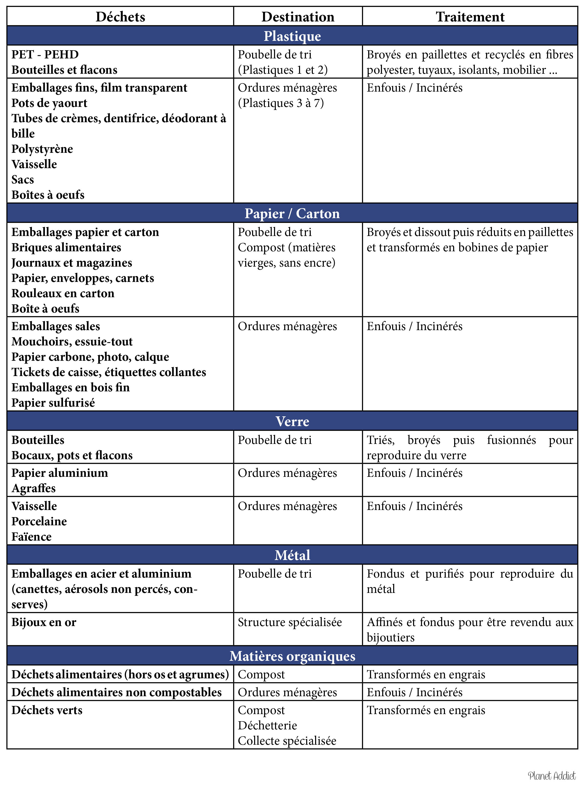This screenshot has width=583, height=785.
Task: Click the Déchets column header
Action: (120, 17)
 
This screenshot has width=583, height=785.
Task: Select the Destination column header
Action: (297, 17)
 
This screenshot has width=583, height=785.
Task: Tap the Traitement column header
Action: (470, 17)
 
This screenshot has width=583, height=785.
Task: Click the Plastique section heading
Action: (292, 36)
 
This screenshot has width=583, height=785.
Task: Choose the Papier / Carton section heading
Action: (292, 214)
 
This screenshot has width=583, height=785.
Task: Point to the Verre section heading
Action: (292, 421)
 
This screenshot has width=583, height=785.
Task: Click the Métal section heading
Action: (292, 555)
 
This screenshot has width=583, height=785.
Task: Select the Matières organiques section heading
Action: (292, 656)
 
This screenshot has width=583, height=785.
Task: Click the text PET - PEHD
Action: (45, 55)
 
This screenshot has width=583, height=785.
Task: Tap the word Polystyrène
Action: (42, 149)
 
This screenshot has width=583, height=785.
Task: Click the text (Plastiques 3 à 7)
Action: (281, 103)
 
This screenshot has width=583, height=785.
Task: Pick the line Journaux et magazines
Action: (72, 263)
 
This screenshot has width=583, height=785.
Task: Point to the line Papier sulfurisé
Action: (53, 403)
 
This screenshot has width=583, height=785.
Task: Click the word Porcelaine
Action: (39, 521)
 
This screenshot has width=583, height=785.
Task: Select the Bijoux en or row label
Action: (44, 622)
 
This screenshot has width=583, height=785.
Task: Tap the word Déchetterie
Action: (267, 725)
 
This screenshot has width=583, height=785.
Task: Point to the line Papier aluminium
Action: (60, 473)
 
